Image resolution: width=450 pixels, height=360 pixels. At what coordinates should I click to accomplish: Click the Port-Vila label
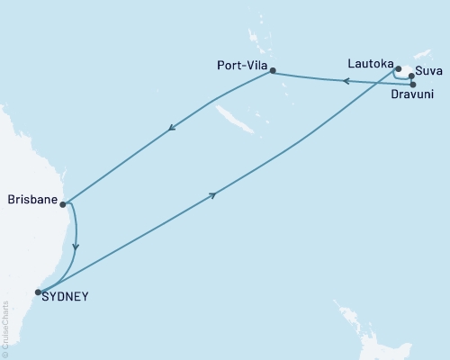(x=241, y=65)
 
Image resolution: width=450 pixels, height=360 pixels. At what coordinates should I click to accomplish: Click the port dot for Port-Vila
(x=273, y=72)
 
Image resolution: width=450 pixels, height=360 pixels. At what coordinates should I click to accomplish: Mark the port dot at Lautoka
(x=398, y=67)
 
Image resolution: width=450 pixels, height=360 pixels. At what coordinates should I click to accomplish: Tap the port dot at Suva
(x=411, y=76)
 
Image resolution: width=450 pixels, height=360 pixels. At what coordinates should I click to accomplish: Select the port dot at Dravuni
(x=412, y=85)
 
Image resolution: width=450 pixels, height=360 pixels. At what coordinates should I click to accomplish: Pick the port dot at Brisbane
(x=64, y=204)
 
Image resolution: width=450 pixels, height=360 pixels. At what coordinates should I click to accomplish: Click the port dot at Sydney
(x=38, y=292)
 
